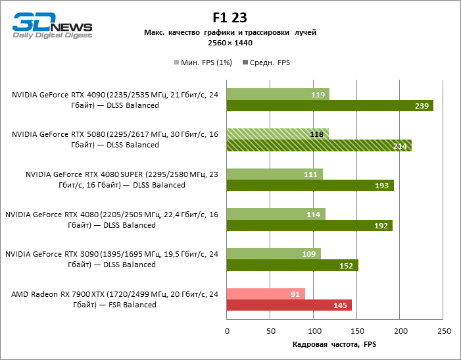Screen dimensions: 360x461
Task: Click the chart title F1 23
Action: pos(230,17)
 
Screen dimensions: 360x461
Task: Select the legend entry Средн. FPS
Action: pos(266,63)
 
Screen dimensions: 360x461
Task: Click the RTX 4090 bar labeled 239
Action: pos(329,106)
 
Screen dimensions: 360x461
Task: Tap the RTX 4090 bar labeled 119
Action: pos(278,95)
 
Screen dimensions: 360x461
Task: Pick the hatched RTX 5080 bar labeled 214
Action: pos(319,146)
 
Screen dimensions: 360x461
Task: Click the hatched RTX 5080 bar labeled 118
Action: pos(277,134)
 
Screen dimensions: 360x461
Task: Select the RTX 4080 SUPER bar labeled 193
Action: pos(310,186)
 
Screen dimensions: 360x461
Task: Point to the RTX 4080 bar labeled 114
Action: pos(276,214)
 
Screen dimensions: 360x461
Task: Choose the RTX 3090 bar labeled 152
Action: pos(292,265)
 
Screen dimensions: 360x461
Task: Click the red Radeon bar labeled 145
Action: pos(289,305)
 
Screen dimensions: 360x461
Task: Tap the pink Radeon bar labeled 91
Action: pos(266,294)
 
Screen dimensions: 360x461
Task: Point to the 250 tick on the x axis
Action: pos(443,330)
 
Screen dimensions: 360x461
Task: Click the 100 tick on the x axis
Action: pos(313,330)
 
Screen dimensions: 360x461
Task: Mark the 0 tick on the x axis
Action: pos(227,330)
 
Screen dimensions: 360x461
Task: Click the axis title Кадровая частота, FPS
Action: pos(334,344)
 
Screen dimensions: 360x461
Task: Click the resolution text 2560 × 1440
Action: pos(230,43)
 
